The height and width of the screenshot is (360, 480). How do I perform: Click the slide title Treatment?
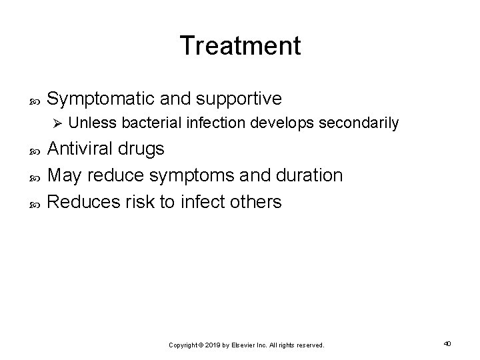[240, 45]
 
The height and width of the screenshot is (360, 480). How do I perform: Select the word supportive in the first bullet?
[238, 99]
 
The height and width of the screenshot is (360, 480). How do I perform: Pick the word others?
[255, 201]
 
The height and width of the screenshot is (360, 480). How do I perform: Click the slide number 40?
[447, 343]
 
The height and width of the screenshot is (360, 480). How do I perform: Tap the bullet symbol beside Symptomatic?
[37, 101]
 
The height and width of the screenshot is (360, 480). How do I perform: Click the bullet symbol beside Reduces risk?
[37, 202]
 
